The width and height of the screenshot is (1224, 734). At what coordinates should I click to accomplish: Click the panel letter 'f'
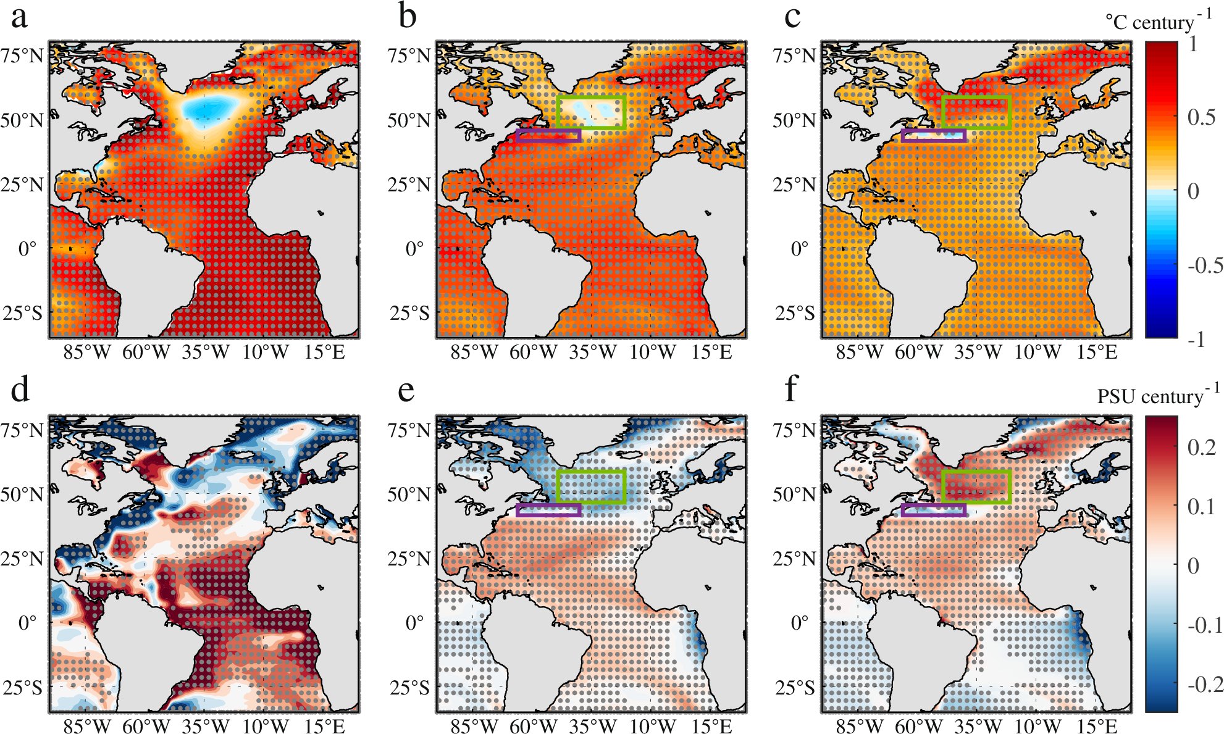tap(791, 391)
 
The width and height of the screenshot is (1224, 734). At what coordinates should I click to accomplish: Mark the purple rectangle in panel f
tap(933, 515)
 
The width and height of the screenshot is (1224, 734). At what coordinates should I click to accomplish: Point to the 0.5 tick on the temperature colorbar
tap(1201, 117)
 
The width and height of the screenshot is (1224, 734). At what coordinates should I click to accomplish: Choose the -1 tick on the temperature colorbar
tap(1196, 339)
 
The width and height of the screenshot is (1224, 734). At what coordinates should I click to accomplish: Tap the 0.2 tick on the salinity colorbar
tap(1201, 447)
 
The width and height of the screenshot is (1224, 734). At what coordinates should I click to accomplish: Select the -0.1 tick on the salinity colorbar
tap(1205, 625)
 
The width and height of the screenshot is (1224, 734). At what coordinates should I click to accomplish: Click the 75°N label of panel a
tap(22, 56)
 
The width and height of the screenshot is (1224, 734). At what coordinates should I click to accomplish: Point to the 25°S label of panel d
tap(22, 686)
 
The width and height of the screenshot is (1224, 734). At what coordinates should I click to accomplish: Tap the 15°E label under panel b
tap(711, 352)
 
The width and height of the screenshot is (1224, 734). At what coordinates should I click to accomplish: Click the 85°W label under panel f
tap(859, 727)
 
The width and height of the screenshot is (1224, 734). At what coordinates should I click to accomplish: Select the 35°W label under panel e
tap(592, 727)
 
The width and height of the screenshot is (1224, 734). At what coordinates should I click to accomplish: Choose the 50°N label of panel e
tap(409, 494)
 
